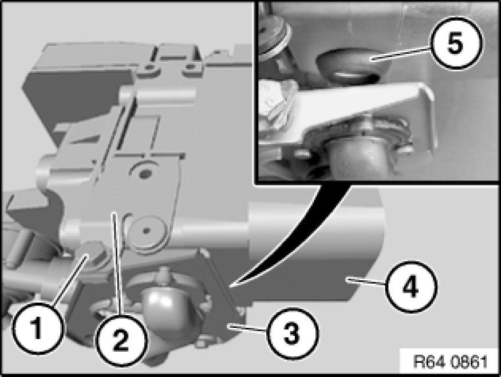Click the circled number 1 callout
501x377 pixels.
click(38, 329)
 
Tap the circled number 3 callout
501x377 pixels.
click(292, 332)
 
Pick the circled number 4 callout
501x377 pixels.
click(410, 287)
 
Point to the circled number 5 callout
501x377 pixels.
click(456, 43)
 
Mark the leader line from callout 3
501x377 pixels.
click(247, 328)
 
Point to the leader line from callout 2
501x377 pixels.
click(117, 264)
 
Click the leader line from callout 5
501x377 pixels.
click(401, 53)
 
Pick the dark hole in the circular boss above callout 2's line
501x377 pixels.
click(145, 174)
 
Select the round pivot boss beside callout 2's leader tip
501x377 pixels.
click(147, 231)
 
